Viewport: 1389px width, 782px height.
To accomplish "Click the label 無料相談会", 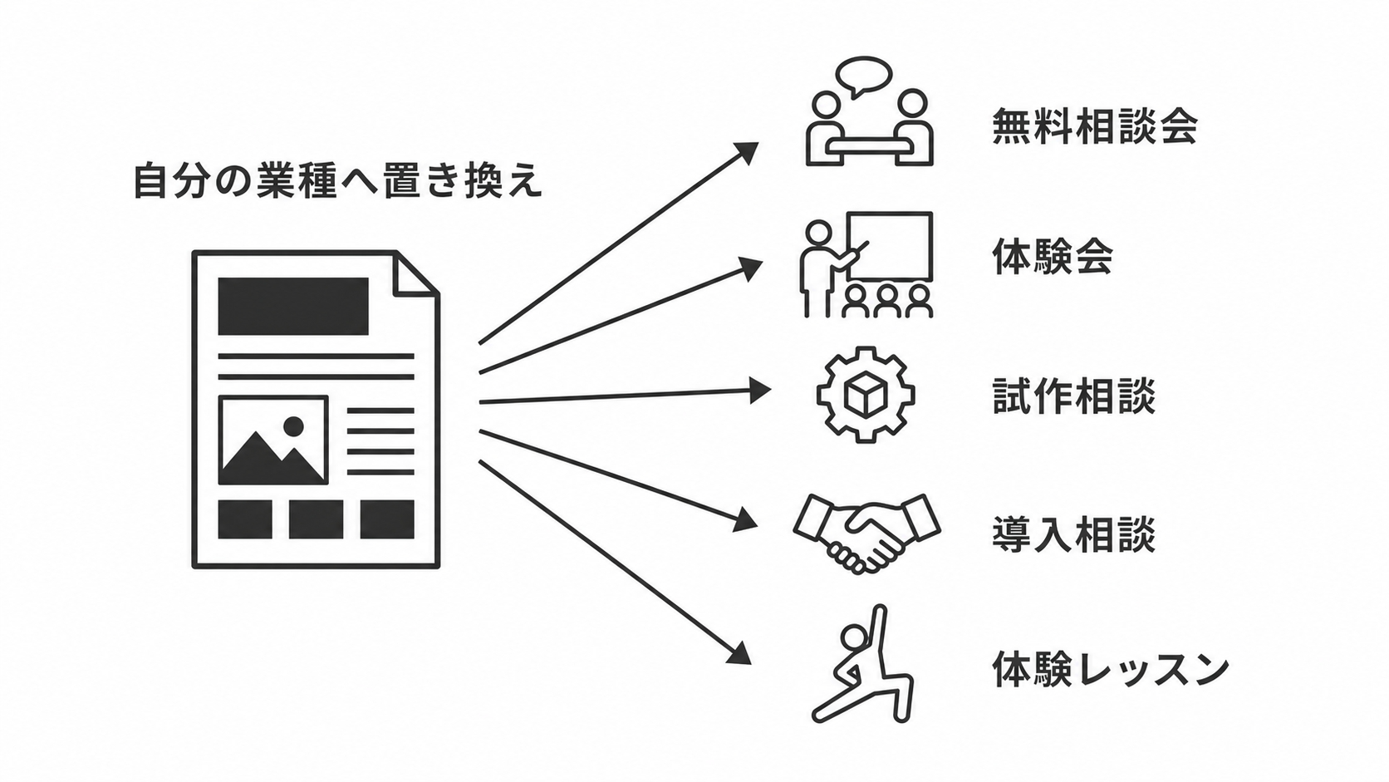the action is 1094,126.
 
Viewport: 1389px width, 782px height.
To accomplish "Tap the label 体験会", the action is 1053,256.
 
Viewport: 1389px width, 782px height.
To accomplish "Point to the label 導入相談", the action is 1074,534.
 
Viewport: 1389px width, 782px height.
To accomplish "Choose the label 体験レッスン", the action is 1110,669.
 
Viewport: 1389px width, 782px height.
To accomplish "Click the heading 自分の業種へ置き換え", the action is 339,180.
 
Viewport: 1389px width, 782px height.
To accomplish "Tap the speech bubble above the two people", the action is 864,76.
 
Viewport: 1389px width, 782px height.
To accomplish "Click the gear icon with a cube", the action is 866,395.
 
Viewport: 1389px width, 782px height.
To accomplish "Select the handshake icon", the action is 867,533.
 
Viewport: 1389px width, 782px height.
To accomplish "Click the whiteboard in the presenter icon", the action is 890,247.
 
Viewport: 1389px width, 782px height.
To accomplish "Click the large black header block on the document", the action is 293,307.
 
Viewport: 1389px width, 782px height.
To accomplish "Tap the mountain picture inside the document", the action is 273,440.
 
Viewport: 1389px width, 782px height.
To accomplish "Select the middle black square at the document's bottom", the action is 317,519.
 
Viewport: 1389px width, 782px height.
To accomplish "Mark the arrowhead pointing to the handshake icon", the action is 746,519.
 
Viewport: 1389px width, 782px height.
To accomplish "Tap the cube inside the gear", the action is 866,396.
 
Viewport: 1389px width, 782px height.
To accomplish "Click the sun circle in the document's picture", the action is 293,426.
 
